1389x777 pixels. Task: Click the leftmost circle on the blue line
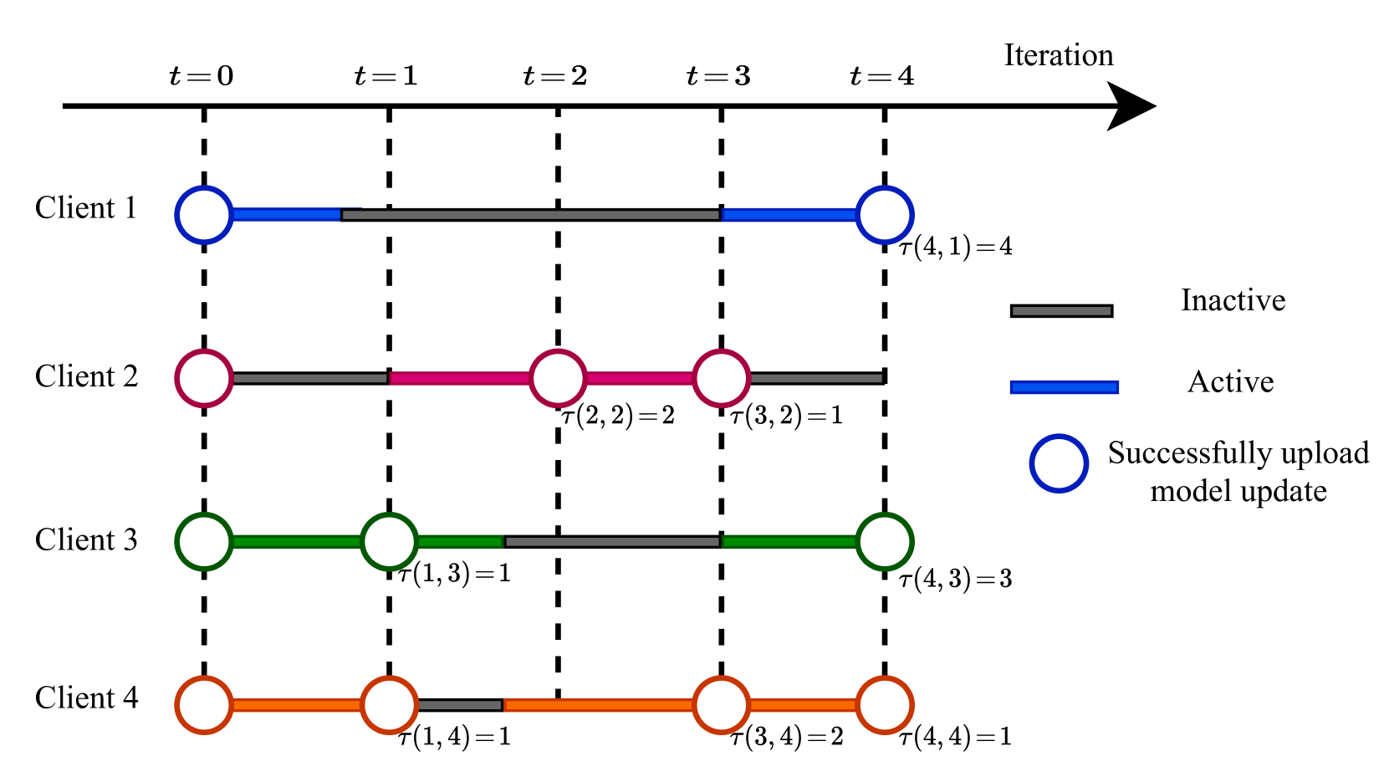coord(204,215)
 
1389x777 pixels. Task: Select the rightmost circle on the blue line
coord(885,215)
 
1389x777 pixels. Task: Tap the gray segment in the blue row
coord(530,215)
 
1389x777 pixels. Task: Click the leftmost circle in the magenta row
coord(204,378)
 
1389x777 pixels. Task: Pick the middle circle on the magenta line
coord(558,378)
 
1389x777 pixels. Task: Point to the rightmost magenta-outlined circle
coord(721,378)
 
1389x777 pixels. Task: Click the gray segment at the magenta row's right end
coord(816,378)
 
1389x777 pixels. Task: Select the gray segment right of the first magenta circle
coord(309,378)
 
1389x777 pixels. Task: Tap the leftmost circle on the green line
coord(204,542)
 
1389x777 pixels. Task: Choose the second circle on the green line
coord(390,542)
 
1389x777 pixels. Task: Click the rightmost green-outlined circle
coord(885,542)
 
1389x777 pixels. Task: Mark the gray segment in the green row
coord(612,542)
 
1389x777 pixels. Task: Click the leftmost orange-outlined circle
coord(204,705)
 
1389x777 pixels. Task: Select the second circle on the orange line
coord(390,705)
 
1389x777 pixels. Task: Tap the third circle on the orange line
coord(721,705)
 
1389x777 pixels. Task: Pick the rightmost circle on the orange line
coord(885,705)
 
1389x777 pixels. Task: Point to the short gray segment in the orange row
coord(459,705)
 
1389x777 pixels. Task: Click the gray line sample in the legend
coord(1061,311)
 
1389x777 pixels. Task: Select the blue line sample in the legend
coord(1064,387)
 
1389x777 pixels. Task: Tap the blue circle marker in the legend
coord(1059,463)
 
